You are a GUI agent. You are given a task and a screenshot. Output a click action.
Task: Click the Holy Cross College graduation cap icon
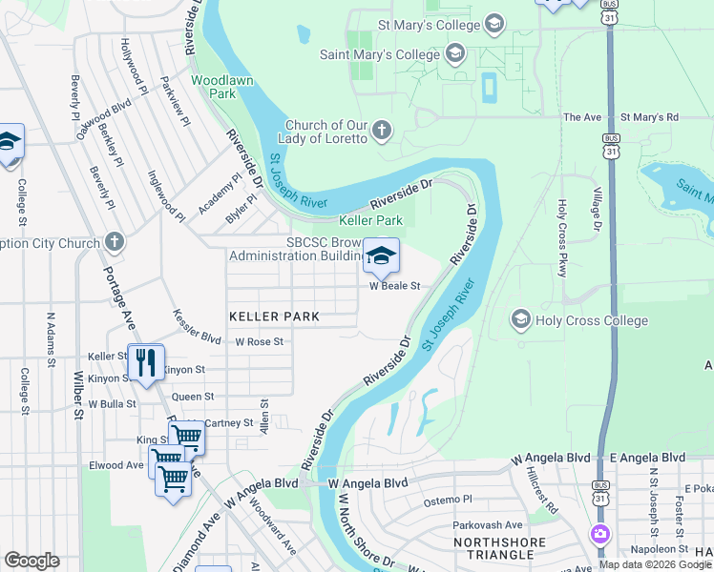(x=521, y=317)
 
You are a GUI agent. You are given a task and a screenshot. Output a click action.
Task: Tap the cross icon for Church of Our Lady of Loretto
(x=381, y=131)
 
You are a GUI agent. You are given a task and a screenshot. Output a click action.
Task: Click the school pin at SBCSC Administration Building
(x=381, y=256)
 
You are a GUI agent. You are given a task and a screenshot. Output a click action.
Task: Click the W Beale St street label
(x=395, y=286)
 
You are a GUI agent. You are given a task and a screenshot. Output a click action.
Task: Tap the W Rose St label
(x=260, y=341)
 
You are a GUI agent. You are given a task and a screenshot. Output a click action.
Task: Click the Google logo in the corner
(x=31, y=561)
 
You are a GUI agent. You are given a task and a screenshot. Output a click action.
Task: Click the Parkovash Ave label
(x=488, y=524)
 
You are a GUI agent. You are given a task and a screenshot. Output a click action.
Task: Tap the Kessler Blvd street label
(x=197, y=326)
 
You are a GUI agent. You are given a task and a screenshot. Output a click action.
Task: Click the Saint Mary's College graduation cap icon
(x=454, y=53)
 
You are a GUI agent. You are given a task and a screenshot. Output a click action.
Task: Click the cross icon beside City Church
(x=115, y=242)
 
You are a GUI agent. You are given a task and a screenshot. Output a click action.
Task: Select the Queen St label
(x=193, y=396)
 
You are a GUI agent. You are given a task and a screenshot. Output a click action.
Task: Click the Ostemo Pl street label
(x=448, y=500)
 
